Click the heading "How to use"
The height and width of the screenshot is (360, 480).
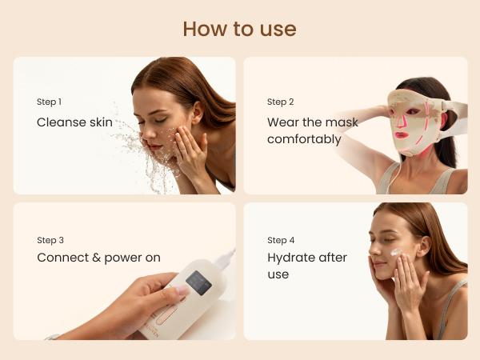239,29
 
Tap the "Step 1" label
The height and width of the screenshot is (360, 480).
49,102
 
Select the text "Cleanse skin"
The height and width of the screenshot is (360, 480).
74,122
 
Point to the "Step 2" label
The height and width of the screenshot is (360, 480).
281,102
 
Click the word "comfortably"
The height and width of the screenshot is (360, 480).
304,139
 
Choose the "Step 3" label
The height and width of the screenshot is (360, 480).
50,240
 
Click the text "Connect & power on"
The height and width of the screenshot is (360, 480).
98,258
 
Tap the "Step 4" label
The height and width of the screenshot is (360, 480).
281,240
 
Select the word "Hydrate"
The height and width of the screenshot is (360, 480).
293,258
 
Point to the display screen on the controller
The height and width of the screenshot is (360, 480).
198,282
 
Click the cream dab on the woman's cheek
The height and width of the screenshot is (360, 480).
396,253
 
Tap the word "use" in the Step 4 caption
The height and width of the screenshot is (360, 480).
278,274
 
